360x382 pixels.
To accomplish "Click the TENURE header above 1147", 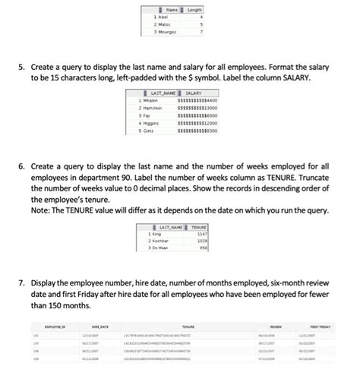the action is (x=199, y=226).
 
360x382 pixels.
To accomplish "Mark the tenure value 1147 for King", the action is (x=203, y=232).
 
